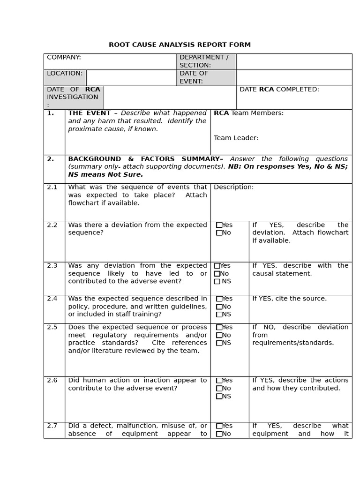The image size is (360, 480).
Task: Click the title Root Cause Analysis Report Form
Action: coord(180,45)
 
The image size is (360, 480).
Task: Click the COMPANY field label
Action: coord(64,57)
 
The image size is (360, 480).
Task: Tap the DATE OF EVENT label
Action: coord(194,77)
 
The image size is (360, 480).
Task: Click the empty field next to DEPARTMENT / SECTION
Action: coord(294,61)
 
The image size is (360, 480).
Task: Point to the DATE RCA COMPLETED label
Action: coord(279,90)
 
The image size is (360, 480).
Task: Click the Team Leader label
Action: coord(236,138)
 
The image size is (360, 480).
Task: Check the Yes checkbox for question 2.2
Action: coord(219,225)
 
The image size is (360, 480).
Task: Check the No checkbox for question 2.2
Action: coord(219,233)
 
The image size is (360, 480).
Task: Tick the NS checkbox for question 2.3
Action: coord(217,281)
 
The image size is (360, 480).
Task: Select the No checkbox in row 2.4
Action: coord(219,307)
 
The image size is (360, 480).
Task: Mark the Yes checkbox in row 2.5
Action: coord(219,327)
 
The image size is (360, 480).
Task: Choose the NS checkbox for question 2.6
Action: coord(219,396)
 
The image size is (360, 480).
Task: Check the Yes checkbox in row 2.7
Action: coord(219,426)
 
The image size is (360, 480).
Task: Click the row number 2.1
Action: coord(52,187)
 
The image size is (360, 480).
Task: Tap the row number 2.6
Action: coord(52,380)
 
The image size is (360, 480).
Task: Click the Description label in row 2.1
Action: coord(233,187)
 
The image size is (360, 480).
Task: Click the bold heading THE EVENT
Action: coord(89,113)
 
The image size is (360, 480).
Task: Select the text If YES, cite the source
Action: coord(289,299)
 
